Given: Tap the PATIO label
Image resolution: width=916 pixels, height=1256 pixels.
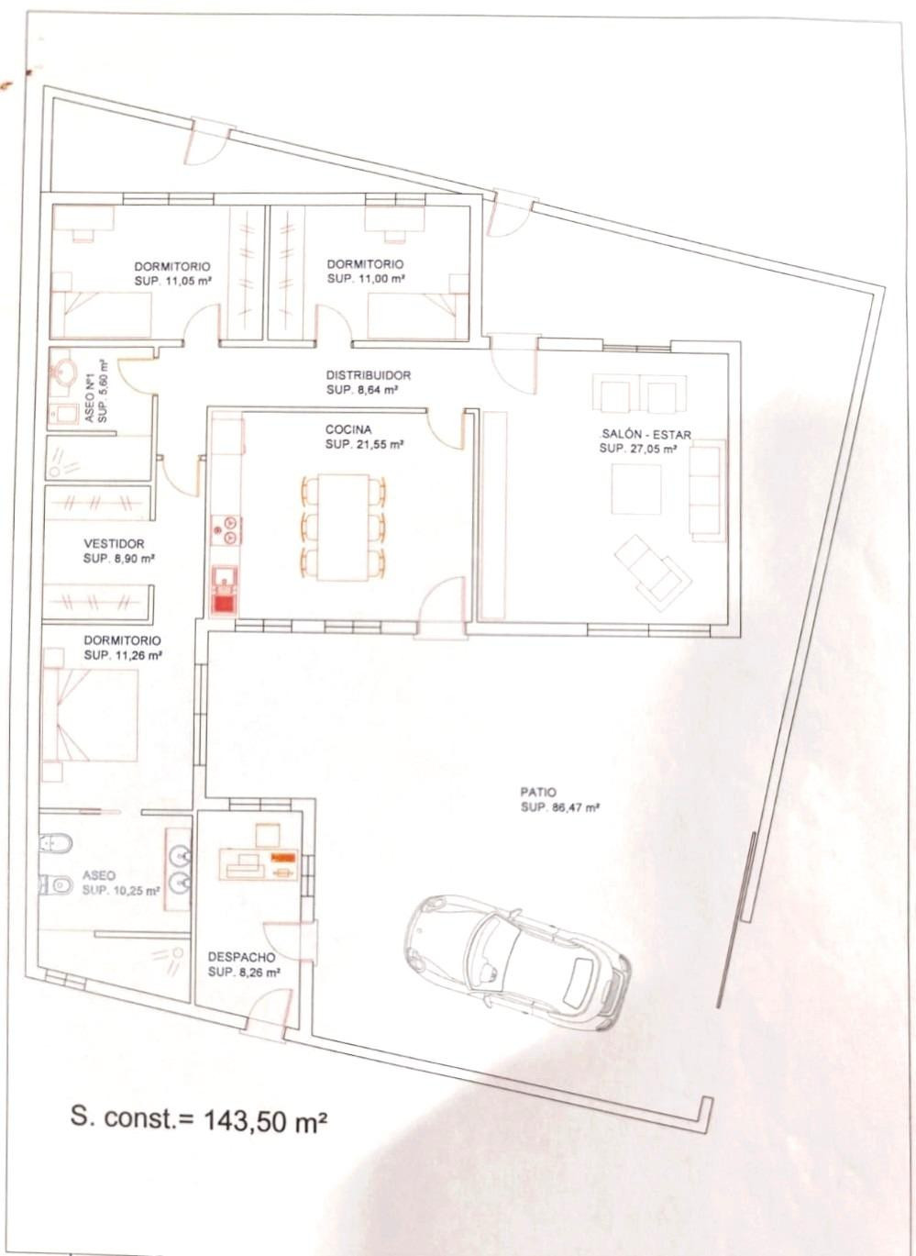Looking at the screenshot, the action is tap(538, 793).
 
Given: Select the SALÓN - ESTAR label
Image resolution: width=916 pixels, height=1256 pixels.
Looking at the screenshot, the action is tap(646, 434).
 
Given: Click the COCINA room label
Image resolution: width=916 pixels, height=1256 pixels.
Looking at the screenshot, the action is tap(348, 429).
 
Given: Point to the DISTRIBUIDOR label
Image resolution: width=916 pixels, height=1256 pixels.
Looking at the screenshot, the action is tap(368, 374).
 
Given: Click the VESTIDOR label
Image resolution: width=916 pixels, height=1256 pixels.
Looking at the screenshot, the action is tap(114, 543).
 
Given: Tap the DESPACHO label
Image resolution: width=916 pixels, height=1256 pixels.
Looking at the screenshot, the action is tap(241, 957).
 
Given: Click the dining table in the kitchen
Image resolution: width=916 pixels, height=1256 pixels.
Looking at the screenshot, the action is tap(343, 528).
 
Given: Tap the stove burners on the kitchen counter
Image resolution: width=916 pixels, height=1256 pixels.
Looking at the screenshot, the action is tap(226, 529).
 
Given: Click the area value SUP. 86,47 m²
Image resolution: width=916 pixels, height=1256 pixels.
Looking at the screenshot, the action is tap(559, 808).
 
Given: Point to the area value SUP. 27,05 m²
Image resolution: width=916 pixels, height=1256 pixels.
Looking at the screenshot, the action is tap(637, 449).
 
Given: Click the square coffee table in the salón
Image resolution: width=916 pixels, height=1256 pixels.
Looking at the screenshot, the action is tap(635, 488).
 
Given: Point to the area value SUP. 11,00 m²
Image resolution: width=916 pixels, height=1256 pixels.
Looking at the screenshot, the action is tap(365, 278).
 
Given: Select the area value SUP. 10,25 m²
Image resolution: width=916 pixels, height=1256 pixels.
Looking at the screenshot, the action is tap(121, 891).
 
